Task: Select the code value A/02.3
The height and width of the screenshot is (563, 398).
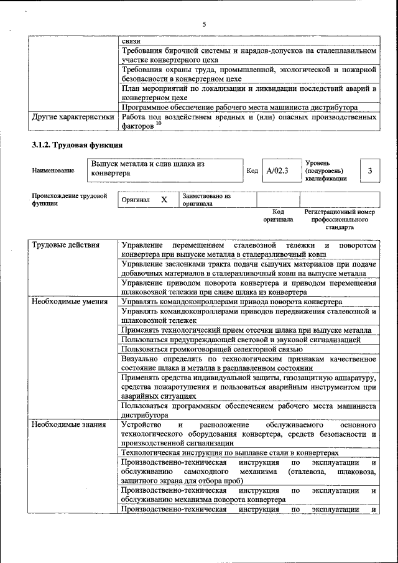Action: point(277,170)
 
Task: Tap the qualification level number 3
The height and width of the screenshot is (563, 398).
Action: point(370,170)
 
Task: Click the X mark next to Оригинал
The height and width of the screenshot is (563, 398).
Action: point(164,200)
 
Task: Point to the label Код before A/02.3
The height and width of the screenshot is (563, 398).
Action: point(252,170)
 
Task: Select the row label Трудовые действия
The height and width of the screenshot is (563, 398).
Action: point(66,245)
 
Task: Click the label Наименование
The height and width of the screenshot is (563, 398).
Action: point(53,170)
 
